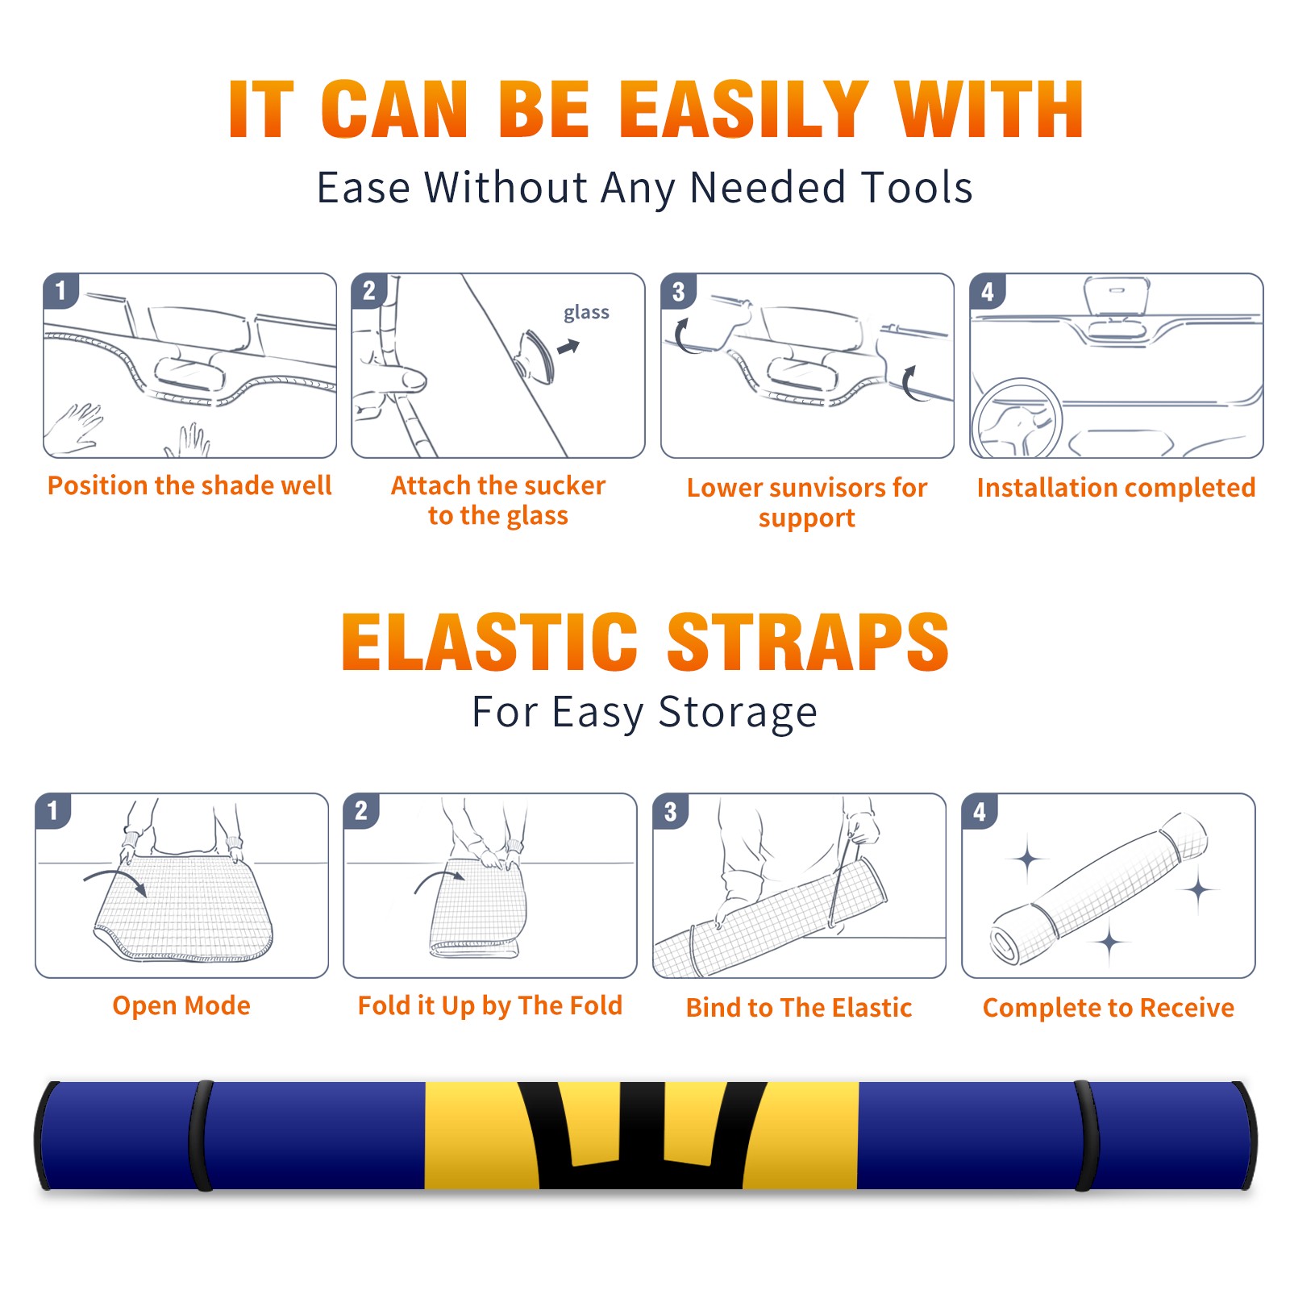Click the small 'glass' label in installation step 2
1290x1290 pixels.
tap(586, 313)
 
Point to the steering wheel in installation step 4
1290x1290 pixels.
tap(1017, 418)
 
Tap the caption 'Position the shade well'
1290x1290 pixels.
tap(189, 485)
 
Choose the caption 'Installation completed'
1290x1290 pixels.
tap(1116, 487)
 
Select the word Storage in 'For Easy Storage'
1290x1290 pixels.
tap(738, 713)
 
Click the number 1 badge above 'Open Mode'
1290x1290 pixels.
tap(53, 811)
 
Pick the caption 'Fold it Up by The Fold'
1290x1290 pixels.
tap(490, 1005)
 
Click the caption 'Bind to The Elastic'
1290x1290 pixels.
tap(799, 1008)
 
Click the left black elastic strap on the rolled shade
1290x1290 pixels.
tap(201, 1135)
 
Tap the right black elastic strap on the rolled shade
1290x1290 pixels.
tap(1086, 1135)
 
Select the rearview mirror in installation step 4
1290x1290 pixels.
tap(1117, 296)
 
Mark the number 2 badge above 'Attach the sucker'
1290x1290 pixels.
tap(369, 291)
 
